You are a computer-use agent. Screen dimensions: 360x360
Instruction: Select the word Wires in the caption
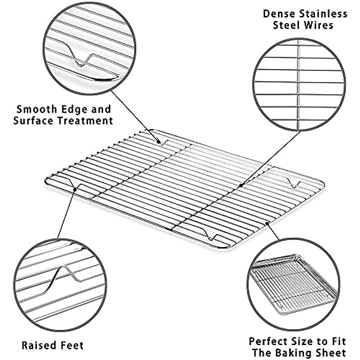pyautogui.click(x=319, y=25)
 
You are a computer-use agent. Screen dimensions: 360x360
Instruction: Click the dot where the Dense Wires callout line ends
pyautogui.click(x=241, y=186)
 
